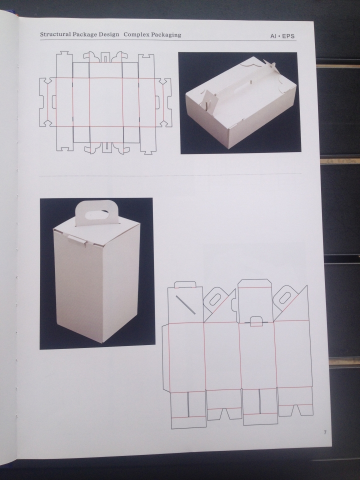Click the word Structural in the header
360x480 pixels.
point(55,34)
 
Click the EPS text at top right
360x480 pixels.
point(288,36)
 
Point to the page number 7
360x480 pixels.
point(325,432)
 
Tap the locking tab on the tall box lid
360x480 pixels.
point(77,239)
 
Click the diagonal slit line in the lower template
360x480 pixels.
point(185,305)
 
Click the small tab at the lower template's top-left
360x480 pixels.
point(185,284)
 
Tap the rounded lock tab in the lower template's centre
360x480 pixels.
point(256,321)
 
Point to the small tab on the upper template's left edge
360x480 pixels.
point(54,101)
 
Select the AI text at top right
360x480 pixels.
point(273,36)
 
